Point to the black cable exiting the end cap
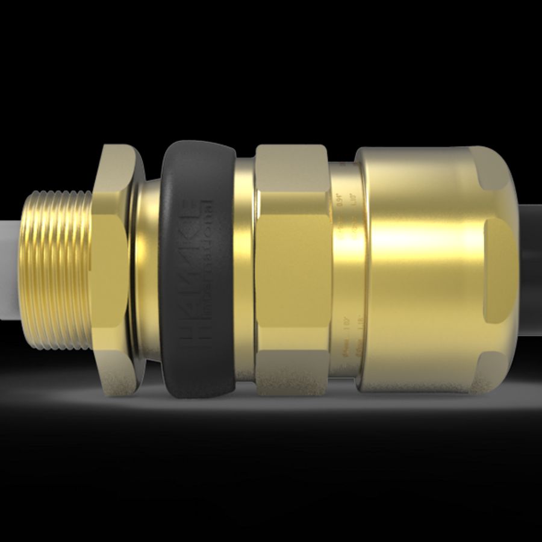tap(530, 265)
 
